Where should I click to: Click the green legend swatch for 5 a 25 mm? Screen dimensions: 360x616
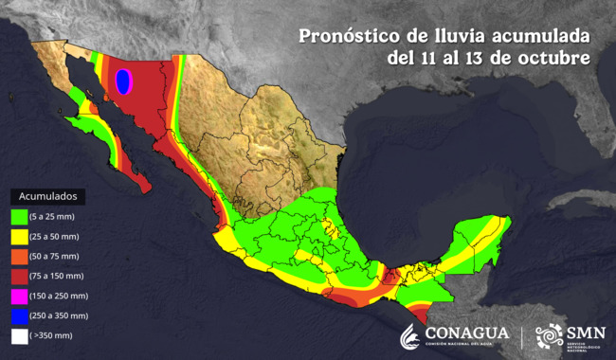[x=18, y=217]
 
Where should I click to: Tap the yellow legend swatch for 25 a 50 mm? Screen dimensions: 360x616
[x=18, y=237]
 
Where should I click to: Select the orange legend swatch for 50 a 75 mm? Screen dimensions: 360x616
[x=18, y=256]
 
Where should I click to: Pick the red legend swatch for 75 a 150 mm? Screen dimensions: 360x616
[x=18, y=276]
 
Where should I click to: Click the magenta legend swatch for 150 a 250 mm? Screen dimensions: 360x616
[x=18, y=296]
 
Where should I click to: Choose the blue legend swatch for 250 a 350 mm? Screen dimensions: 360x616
[x=18, y=315]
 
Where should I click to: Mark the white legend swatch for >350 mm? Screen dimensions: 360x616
[x=18, y=335]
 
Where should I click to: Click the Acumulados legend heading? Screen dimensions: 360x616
[x=48, y=196]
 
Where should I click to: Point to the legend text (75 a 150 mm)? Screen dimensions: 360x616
[x=56, y=276]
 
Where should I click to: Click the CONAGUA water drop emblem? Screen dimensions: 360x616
[x=409, y=336]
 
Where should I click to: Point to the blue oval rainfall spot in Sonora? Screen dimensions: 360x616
[x=122, y=82]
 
